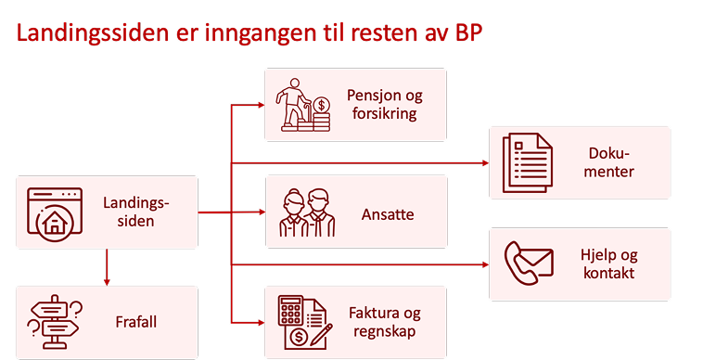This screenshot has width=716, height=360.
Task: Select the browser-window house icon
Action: tap(53, 212)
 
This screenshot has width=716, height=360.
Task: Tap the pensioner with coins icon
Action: tap(306, 105)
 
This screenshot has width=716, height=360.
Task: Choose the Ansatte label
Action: tap(388, 214)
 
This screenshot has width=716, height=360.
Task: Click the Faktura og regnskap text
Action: tap(384, 322)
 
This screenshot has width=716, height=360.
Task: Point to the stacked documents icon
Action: tap(527, 163)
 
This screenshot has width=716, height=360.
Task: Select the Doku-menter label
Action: tap(610, 162)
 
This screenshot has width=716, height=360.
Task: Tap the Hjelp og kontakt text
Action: tap(609, 264)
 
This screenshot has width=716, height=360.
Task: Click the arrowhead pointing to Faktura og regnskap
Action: tap(260, 323)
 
